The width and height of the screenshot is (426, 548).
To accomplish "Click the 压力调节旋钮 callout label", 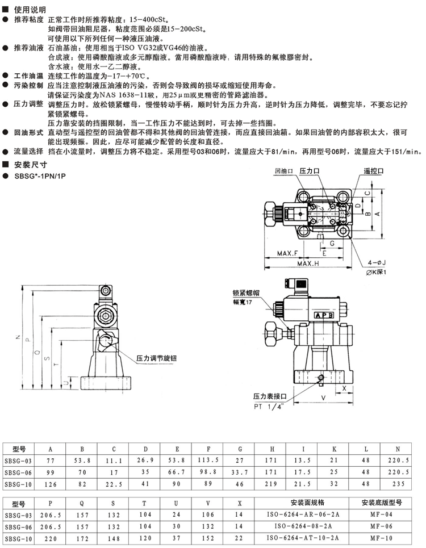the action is (157, 358).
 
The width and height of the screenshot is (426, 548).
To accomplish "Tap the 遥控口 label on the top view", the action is (374, 171).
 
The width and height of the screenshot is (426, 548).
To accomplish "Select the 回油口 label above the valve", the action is (284, 171).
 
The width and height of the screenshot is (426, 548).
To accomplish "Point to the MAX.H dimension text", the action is (308, 263).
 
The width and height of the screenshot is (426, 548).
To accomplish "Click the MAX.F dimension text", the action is (287, 253).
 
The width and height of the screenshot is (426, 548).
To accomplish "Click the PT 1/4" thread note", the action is (268, 407).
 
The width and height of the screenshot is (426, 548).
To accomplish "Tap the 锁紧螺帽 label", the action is (246, 293).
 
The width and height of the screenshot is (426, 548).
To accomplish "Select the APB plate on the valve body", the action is (324, 315).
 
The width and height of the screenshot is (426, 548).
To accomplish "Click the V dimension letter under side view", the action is (324, 398).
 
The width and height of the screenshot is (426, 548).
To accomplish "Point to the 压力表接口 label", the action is (270, 396).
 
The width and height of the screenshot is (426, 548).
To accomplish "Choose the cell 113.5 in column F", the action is (208, 461).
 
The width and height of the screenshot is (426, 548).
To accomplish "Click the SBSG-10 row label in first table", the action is (18, 484).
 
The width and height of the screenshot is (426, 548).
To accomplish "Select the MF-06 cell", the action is (381, 526).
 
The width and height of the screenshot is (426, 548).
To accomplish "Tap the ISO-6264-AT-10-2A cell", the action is (303, 538).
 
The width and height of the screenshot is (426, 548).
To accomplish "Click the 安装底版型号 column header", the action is (382, 503).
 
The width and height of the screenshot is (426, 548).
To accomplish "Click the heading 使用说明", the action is (30, 10).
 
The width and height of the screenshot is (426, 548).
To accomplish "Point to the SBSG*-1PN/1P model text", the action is (40, 176).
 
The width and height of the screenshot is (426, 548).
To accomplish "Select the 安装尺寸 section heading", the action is (31, 165).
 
